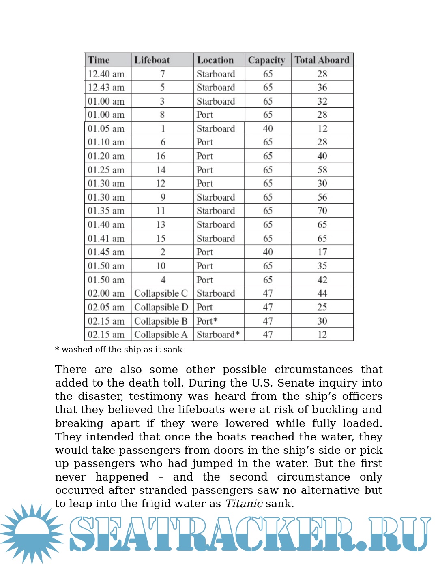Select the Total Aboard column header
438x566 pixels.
(x=322, y=60)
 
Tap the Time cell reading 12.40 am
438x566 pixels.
(x=106, y=74)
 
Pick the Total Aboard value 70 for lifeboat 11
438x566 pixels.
(x=322, y=211)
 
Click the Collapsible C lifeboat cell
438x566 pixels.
(x=161, y=293)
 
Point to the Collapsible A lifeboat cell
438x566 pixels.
(x=161, y=335)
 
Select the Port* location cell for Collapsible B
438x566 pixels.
(x=207, y=321)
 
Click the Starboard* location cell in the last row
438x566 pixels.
(x=218, y=335)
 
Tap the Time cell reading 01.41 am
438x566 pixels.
(x=106, y=238)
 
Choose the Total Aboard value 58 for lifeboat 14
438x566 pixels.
(x=322, y=170)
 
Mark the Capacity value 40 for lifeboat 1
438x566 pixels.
(x=268, y=128)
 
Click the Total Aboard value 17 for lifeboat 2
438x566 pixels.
(x=322, y=252)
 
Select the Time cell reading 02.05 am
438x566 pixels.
(x=106, y=307)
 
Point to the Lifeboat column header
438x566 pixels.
(x=152, y=60)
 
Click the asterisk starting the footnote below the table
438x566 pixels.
(x=57, y=349)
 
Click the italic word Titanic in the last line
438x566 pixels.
(x=244, y=504)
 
